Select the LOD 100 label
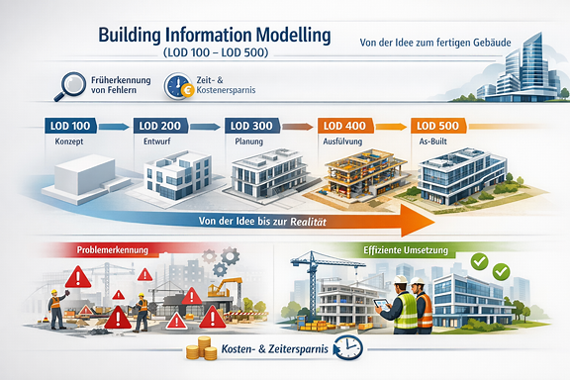tap(68, 127)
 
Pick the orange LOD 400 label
tap(342, 127)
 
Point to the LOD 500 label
tap(436, 127)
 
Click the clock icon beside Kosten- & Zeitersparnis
tap(348, 347)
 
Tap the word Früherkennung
tap(113, 81)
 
